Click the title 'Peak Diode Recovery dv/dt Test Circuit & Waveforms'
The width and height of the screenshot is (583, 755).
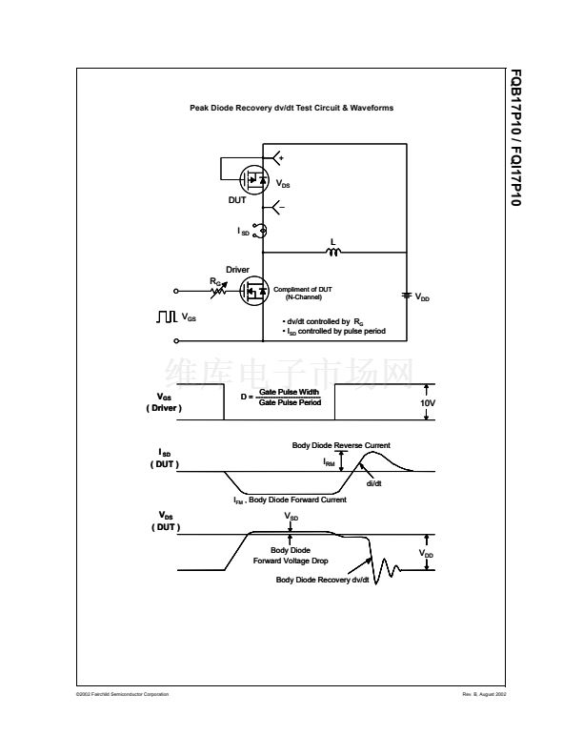pos(291,108)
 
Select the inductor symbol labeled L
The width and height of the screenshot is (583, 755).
pos(333,253)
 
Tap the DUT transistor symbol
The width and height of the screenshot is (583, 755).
pos(253,178)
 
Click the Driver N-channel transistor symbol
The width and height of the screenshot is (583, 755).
pos(253,291)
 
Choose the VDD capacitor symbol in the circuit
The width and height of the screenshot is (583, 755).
pos(407,295)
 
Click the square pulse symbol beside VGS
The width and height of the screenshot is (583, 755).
pos(167,316)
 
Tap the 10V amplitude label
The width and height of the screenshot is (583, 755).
pos(427,402)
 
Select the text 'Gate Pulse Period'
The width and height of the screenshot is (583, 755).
pos(290,402)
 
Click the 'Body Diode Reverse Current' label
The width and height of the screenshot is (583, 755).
pos(340,445)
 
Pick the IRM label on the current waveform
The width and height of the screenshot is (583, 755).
pos(329,462)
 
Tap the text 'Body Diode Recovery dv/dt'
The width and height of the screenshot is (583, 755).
pos(322,580)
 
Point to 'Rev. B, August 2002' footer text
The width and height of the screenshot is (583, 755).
pos(484,694)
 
